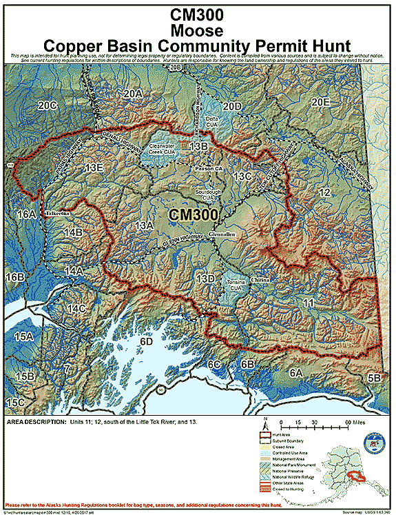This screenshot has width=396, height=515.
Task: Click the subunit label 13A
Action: pyautogui.click(x=143, y=225)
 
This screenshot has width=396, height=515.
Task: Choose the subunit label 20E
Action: pyautogui.click(x=321, y=102)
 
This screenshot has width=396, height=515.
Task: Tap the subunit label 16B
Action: pyautogui.click(x=15, y=276)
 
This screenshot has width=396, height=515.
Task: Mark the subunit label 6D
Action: pyautogui.click(x=145, y=341)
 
